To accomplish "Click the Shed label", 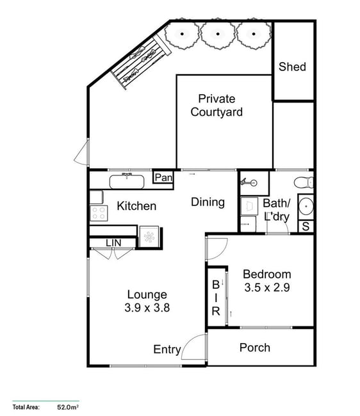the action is click(292, 67).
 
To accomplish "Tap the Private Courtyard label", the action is click(217, 106).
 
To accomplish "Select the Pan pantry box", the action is click(163, 177).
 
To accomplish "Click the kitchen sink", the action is click(127, 181).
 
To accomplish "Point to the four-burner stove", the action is click(99, 213).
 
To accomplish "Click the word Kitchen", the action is click(136, 206).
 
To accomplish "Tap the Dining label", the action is click(208, 202).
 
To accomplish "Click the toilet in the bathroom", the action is click(304, 182).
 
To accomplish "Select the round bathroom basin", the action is click(306, 206).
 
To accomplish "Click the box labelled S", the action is click(306, 227).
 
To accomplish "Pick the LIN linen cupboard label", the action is click(113, 243).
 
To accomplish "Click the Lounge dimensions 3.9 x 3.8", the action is click(147, 308).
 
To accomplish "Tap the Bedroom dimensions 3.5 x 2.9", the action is click(267, 287).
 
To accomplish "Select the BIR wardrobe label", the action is click(216, 298).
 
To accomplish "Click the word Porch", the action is click(255, 348).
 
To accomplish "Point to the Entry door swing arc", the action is click(188, 342).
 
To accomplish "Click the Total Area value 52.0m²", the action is click(68, 406).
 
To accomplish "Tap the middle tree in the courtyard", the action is click(218, 34).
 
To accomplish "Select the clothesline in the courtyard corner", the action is click(141, 63).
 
